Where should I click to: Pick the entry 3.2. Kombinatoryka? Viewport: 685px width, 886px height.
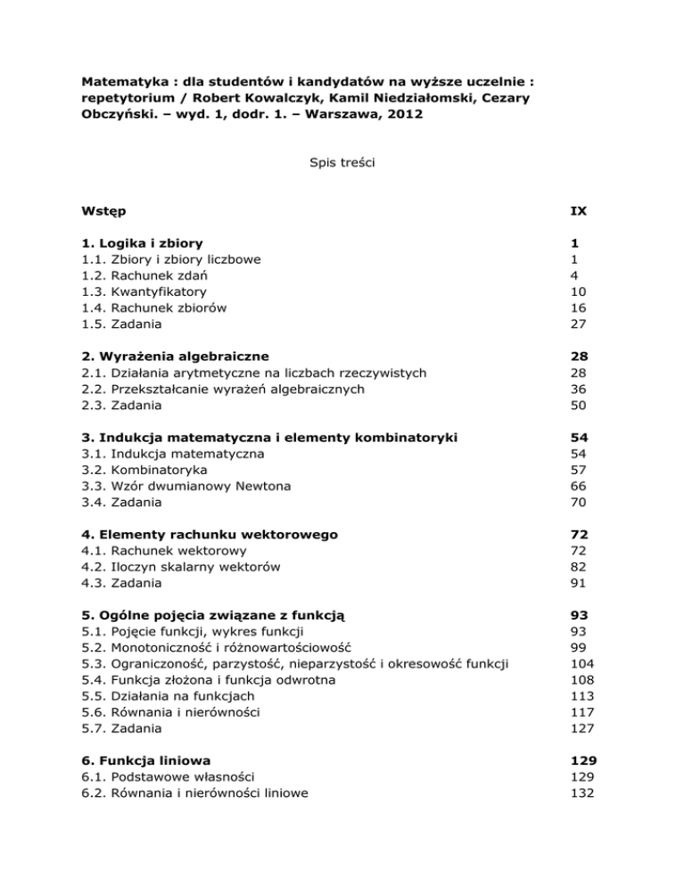pos(140,469)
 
